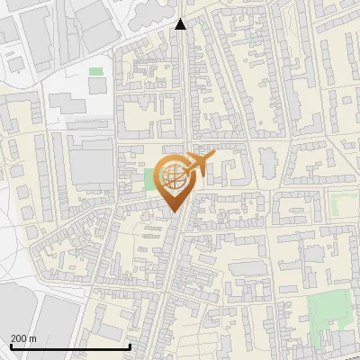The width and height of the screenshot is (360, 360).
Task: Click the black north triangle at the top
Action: [181, 24]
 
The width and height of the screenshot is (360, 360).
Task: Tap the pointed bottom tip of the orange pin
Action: [174, 211]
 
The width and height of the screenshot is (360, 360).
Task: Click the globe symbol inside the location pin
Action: [173, 176]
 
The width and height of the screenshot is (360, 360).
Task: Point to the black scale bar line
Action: [70, 347]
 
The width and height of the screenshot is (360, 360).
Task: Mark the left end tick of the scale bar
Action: [10, 346]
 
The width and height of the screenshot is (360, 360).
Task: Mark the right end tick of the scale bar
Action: [130, 346]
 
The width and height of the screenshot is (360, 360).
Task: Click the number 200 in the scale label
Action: [19, 338]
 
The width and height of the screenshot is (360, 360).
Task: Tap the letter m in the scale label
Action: [32, 338]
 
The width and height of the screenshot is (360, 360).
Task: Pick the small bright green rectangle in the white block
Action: [95, 71]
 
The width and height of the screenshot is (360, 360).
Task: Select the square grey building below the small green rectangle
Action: [97, 85]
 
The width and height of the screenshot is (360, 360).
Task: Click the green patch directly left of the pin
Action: [149, 179]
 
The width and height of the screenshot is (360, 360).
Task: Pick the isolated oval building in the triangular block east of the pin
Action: [267, 163]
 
